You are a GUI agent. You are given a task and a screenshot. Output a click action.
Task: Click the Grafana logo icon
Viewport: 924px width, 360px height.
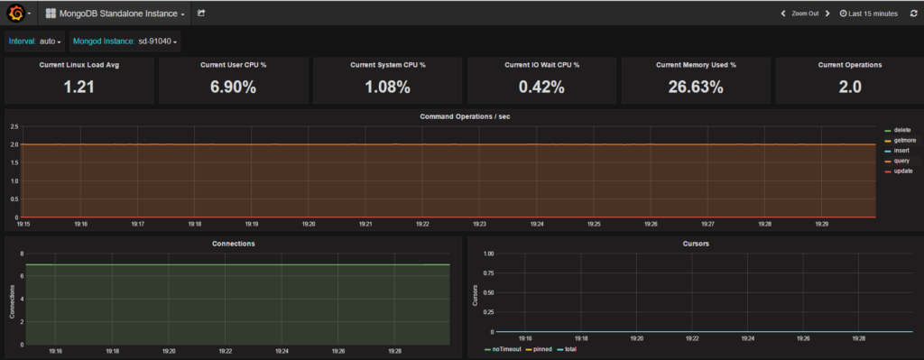15,14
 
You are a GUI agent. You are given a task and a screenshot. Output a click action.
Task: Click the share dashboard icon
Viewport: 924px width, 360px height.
201,14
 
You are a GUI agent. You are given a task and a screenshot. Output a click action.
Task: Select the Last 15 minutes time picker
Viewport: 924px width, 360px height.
868,14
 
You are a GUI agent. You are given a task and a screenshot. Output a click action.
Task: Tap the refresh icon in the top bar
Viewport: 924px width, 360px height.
912,14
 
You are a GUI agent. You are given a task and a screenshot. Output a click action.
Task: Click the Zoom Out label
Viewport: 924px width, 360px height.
805,14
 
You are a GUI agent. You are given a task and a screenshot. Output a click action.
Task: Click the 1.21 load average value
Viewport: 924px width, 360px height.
79,87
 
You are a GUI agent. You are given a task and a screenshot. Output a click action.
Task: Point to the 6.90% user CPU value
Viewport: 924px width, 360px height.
234,87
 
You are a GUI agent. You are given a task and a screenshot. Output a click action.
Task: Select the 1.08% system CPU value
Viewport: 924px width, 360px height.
388,87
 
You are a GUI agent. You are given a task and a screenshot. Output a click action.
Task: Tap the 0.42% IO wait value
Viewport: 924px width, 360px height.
541,87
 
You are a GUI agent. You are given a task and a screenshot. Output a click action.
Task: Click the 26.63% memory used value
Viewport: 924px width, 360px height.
696,87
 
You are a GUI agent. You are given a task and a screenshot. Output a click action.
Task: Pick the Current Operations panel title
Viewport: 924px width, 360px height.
849,65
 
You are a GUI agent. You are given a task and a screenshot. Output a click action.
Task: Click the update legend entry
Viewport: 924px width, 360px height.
904,171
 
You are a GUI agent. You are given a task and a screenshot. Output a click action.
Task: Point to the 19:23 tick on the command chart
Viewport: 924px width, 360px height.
480,223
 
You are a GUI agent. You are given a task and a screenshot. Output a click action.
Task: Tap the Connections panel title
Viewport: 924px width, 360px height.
233,244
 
